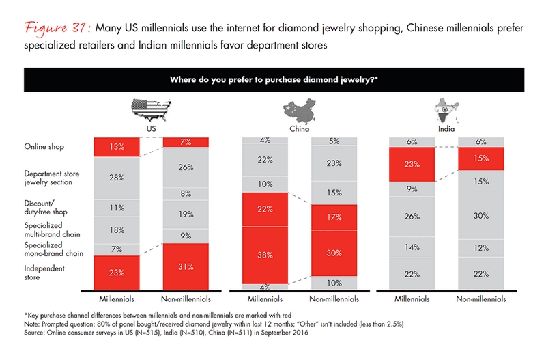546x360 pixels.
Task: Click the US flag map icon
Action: (x=150, y=110)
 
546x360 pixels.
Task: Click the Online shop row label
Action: (x=44, y=146)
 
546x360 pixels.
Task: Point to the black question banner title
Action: (x=273, y=79)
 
